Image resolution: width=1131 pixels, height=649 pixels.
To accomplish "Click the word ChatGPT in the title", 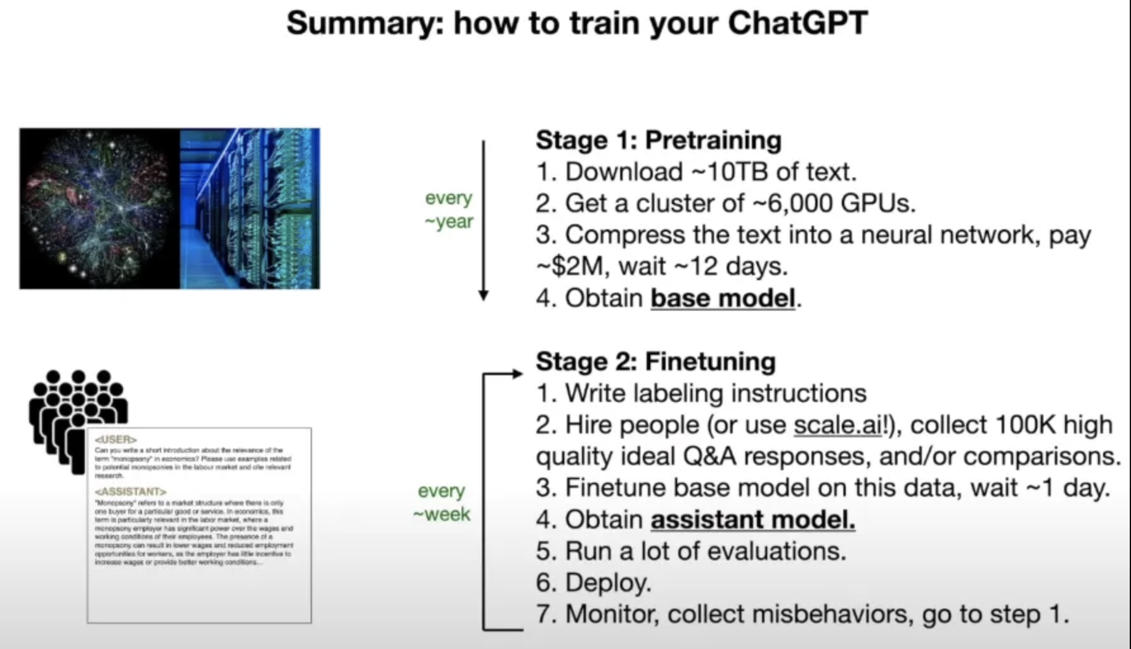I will tap(797, 23).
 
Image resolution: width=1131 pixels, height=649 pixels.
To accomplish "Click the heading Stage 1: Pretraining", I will tap(658, 140).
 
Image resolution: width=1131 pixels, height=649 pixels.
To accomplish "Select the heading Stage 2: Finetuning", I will tap(655, 362).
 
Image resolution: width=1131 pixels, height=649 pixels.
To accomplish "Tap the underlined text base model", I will tap(723, 298).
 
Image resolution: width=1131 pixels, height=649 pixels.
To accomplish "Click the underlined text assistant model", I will tap(753, 520).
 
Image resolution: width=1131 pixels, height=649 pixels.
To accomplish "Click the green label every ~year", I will tap(449, 210).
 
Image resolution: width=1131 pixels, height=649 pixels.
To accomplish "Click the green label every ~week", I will tap(442, 503).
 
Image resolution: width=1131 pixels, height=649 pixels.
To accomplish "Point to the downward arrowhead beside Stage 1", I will tap(483, 295).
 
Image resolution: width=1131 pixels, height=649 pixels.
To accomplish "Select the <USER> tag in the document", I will tap(115, 439).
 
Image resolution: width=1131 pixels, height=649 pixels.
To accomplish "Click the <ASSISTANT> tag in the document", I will tap(130, 492).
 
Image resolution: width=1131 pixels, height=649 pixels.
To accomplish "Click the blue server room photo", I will tap(250, 209).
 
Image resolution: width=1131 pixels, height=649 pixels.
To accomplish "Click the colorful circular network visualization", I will tap(98, 209).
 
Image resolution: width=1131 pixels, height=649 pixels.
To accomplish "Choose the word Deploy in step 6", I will tap(607, 583).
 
